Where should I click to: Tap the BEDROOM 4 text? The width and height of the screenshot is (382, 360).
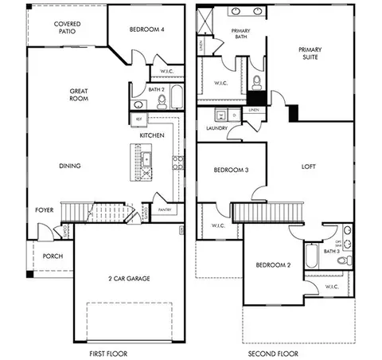[x=147, y=29]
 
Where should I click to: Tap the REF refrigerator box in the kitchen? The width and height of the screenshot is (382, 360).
[x=138, y=119]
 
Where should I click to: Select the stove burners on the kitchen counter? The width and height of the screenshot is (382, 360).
[x=177, y=163]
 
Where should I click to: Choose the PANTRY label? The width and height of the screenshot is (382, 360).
[x=166, y=209]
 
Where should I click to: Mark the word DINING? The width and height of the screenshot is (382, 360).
[x=70, y=166]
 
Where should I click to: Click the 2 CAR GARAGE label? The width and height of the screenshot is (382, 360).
[x=128, y=278]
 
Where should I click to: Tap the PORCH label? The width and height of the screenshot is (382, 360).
[x=53, y=256]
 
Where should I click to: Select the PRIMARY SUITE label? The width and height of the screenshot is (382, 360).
[x=310, y=53]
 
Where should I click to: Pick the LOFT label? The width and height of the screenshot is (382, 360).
[x=310, y=167]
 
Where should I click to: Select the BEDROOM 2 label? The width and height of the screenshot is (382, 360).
[x=271, y=265]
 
